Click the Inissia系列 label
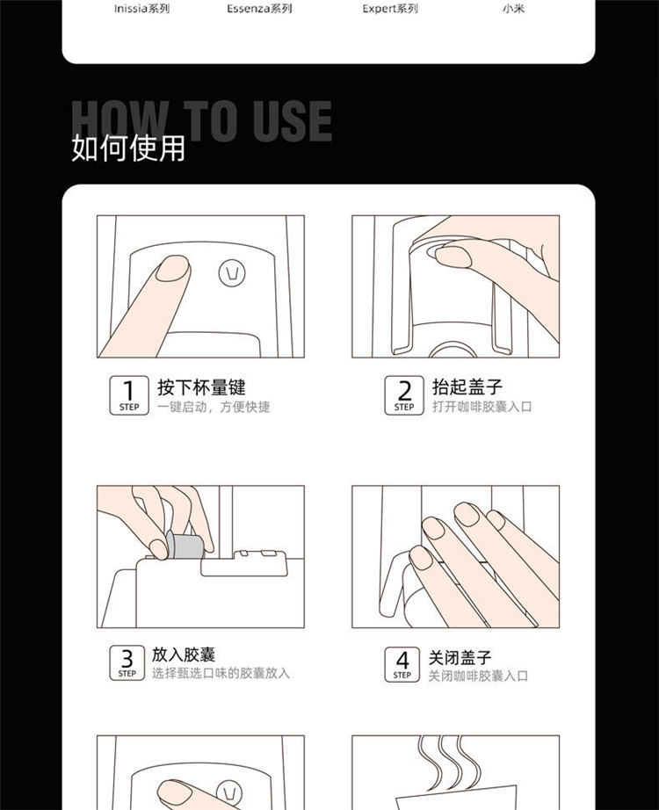(x=142, y=9)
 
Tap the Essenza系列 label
(x=259, y=9)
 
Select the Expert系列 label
(x=390, y=9)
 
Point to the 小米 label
(x=513, y=9)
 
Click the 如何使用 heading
(x=128, y=148)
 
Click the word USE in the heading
(x=292, y=121)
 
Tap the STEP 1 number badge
(x=129, y=395)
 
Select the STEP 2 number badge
(x=404, y=395)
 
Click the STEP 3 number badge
(x=127, y=662)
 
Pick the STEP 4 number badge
(x=402, y=664)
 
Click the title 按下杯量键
(x=201, y=387)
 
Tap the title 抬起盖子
(x=467, y=387)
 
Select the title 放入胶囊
(x=184, y=655)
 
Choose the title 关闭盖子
(x=460, y=658)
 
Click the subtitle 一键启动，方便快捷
(x=214, y=407)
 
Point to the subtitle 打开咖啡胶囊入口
(x=482, y=407)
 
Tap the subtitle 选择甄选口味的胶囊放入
(x=221, y=673)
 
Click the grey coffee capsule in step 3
(x=185, y=545)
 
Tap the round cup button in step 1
(x=232, y=272)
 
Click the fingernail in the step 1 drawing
(x=172, y=268)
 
